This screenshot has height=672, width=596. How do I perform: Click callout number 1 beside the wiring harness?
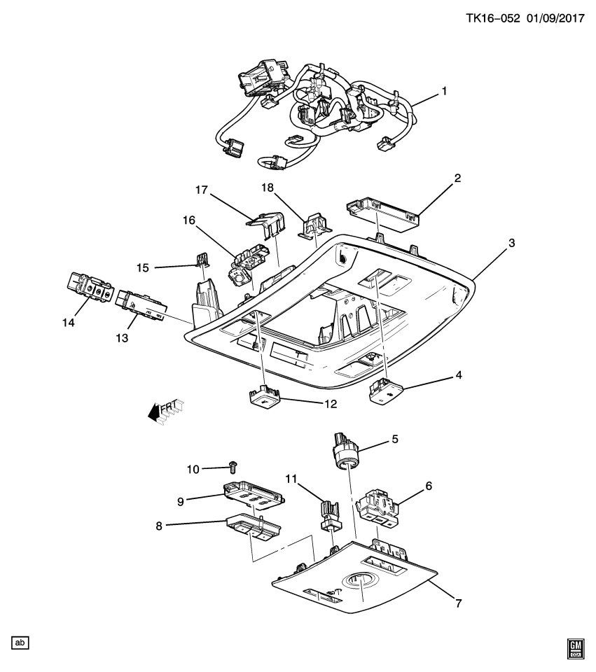click(x=443, y=91)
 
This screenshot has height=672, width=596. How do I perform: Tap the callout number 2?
click(x=457, y=178)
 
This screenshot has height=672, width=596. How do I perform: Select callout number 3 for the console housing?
click(x=511, y=242)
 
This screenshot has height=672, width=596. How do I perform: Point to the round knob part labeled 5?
click(x=342, y=450)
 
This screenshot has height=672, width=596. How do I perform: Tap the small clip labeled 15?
click(x=202, y=261)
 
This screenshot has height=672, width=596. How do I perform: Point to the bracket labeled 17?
click(x=270, y=222)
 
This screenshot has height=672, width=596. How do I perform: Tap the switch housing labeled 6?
click(x=378, y=503)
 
